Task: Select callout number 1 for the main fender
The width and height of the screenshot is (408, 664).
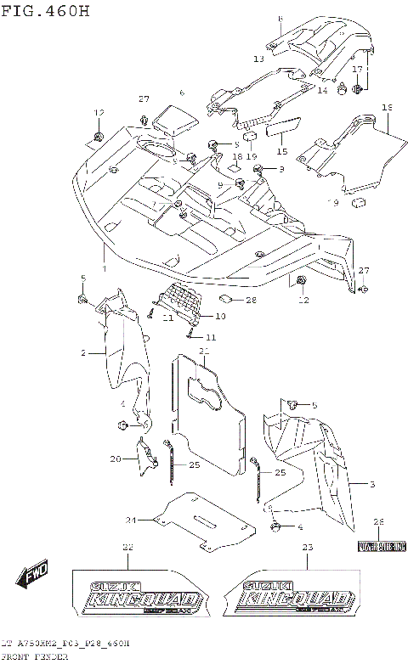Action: (105, 267)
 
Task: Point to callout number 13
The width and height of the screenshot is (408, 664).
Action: (258, 59)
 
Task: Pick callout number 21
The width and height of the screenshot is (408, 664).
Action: (204, 351)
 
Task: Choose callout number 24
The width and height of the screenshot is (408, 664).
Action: (131, 520)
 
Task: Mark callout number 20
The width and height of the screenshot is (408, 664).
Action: (115, 459)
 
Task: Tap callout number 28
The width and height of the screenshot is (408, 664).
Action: (251, 301)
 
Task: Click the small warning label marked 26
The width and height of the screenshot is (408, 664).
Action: (379, 545)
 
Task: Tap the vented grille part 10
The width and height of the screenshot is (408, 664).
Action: (182, 301)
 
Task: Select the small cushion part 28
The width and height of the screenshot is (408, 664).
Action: (228, 300)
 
